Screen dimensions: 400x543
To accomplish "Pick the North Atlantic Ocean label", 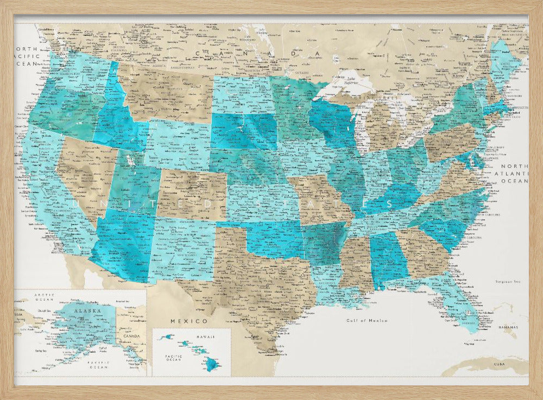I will coord(514,174).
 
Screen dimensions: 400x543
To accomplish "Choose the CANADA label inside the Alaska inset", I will coord(132,335).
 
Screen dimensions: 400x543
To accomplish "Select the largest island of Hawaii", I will coord(211,364).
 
